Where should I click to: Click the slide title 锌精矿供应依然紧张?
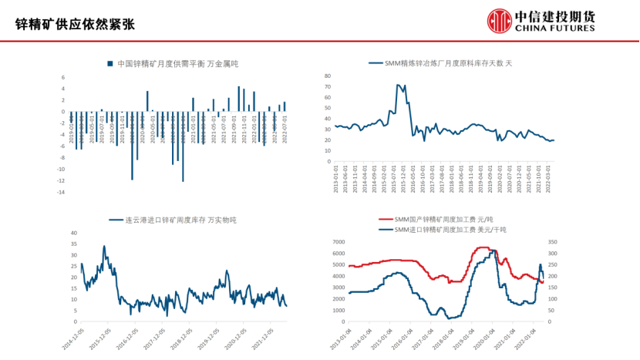point(76,24)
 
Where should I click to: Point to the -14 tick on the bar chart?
point(62,192)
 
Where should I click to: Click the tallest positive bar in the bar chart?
point(239,99)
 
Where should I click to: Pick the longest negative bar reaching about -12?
point(183,146)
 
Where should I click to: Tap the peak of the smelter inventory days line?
point(398,85)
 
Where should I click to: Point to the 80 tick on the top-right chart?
point(328,76)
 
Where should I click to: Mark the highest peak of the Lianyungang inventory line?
point(104,246)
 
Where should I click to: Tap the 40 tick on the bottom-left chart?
point(74,233)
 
